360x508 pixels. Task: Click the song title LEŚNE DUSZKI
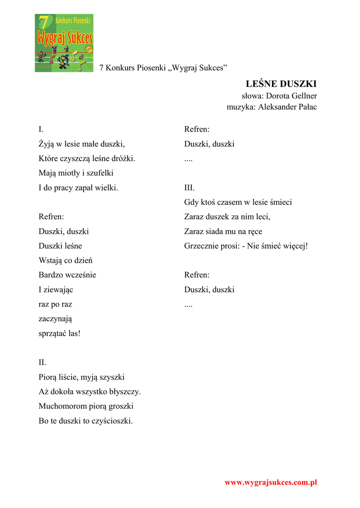click(281, 83)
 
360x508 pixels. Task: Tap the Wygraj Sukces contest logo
click(64, 43)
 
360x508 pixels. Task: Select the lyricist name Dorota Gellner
click(291, 96)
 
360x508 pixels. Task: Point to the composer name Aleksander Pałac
click(288, 107)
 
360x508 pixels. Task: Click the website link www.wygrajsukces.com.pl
click(271, 482)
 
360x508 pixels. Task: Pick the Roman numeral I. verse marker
click(41, 129)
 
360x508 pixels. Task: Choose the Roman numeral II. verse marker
click(43, 363)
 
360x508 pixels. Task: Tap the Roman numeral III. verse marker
click(190, 188)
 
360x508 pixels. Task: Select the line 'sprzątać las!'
click(60, 333)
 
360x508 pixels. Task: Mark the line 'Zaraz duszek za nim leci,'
click(227, 217)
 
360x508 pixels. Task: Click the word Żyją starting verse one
click(47, 144)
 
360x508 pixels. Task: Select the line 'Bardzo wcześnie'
click(68, 275)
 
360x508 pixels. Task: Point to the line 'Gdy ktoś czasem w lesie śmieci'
click(238, 202)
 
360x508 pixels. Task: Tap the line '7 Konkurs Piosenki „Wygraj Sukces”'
click(163, 67)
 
